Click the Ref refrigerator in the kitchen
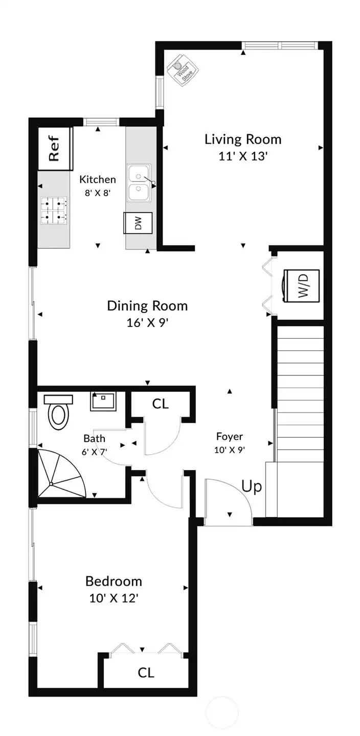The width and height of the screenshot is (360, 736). tap(55, 148)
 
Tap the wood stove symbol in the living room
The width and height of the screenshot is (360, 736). tap(182, 71)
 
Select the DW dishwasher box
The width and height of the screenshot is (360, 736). tap(138, 222)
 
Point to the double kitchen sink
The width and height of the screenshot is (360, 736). tap(139, 183)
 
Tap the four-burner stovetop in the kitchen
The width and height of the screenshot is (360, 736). tap(54, 211)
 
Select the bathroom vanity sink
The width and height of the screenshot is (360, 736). tap(103, 401)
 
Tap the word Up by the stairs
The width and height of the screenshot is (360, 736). tap(251, 486)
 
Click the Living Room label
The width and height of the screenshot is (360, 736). tap(243, 139)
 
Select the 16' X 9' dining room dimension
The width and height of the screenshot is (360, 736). tap(147, 323)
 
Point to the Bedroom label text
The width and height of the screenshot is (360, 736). tap(114, 581)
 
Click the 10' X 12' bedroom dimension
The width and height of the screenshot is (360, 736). tap(114, 598)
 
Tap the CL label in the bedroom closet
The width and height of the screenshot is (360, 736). tap(146, 673)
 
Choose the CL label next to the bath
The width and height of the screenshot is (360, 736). tap(160, 404)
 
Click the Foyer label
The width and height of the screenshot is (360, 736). tap(229, 436)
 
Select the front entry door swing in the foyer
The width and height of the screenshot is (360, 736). tap(228, 501)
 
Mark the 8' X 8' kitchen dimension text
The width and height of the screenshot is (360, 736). tap(97, 193)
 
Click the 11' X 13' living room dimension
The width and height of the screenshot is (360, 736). tap(243, 157)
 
